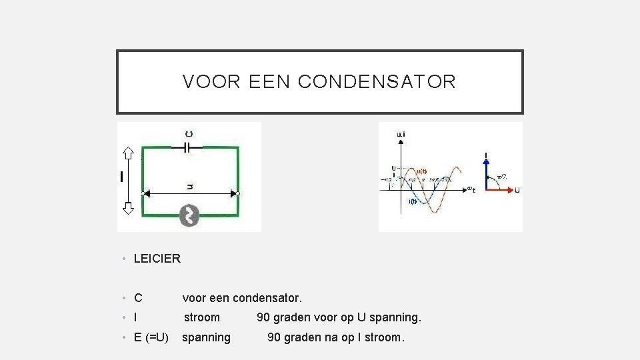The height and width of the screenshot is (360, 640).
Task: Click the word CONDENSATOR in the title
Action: tap(377, 82)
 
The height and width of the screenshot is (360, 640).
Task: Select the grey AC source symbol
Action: tap(189, 215)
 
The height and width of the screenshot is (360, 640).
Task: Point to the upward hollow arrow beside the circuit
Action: tap(129, 154)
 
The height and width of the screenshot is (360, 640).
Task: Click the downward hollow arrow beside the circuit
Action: tap(129, 206)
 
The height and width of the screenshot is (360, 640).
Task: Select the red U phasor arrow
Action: tap(500, 190)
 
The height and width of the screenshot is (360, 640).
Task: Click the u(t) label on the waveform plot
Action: tap(421, 171)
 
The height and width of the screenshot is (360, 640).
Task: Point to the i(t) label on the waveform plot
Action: tap(413, 201)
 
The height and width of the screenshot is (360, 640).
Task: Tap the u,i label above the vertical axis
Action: tap(401, 135)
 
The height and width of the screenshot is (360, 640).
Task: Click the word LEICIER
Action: tap(157, 258)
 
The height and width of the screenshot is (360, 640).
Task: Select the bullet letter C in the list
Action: tap(138, 298)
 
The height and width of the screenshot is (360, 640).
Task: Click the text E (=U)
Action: tap(151, 337)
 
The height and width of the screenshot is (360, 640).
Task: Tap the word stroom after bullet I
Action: tap(202, 317)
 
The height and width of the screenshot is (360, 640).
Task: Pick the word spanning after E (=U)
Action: tap(207, 337)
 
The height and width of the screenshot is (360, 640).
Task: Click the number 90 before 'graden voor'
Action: tap(263, 317)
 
